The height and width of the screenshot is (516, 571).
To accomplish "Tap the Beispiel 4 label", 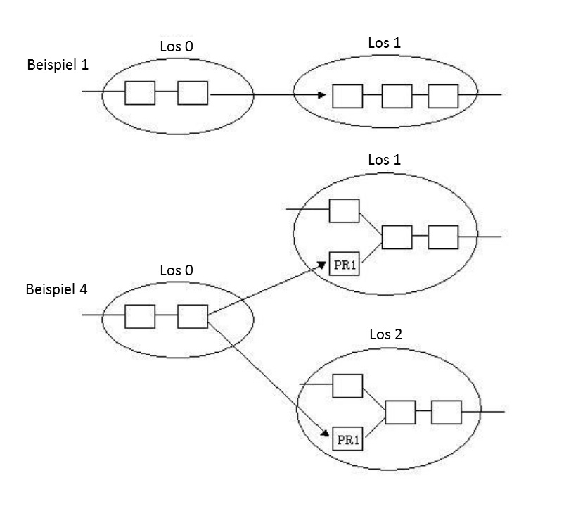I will tap(56, 289).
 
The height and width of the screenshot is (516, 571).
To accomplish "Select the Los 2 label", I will tap(386, 334).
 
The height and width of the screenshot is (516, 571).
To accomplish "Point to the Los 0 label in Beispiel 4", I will tap(176, 270).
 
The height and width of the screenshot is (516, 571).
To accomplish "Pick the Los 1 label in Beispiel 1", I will tap(385, 43).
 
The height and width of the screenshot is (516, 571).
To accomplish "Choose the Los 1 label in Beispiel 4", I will tap(385, 160).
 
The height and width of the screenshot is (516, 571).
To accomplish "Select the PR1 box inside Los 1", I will tap(344, 265).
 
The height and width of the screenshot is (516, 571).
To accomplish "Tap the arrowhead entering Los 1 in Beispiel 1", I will tap(321, 95).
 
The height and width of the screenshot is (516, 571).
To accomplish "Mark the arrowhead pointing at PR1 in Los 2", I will tap(327, 435).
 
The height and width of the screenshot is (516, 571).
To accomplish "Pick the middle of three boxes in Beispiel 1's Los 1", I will tap(397, 96).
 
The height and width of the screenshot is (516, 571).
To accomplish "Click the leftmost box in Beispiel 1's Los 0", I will tap(140, 93).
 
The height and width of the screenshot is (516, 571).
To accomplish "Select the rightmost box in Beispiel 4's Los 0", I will tap(192, 316).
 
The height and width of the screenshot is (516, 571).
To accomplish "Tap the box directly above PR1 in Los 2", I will tap(347, 386).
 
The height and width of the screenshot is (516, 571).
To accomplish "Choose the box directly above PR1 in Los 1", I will tap(344, 210).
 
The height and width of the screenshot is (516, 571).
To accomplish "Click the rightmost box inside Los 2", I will tap(446, 411).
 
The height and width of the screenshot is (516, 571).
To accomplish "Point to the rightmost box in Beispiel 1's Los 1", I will tap(443, 96).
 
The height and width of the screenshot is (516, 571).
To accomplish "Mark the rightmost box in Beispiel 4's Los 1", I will tap(443, 237).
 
